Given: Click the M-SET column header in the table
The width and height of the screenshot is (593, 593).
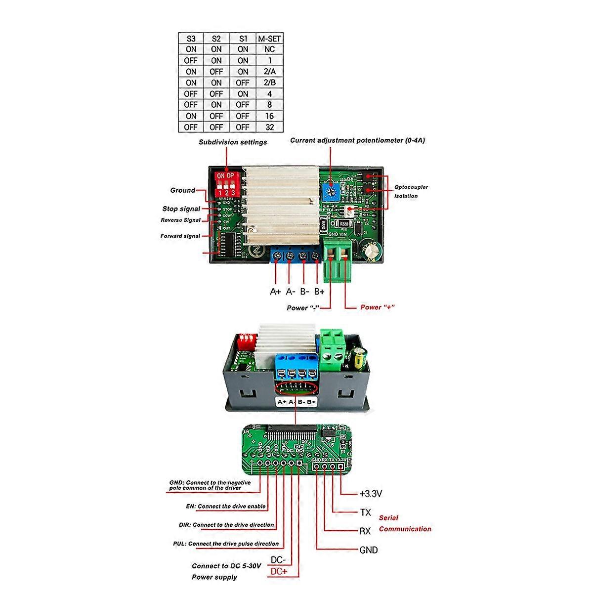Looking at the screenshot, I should tap(269, 39).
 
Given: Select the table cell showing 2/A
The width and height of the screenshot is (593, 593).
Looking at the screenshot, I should tap(269, 72).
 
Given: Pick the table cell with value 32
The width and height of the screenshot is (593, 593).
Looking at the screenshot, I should tap(269, 127).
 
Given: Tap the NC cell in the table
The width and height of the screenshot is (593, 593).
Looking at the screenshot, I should tap(269, 49).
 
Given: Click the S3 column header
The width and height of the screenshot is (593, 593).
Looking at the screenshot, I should tap(191, 39).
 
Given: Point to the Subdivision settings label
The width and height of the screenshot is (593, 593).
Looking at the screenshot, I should tap(233, 142).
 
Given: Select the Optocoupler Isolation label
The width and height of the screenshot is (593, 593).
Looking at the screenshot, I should tap(411, 192).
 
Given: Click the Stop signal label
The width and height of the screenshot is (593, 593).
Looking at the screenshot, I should tap(181, 209).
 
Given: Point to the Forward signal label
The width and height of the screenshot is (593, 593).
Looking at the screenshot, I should tap(180, 236).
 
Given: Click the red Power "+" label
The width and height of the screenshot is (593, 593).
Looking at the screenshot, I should tap(377, 307).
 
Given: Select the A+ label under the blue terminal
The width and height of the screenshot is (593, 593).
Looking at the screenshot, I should tap(275, 292).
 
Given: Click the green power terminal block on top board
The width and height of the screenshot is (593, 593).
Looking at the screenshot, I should tap(339, 259).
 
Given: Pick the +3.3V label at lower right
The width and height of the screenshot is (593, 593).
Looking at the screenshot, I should tap(371, 494).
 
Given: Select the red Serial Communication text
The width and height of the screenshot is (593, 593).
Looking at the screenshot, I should tap(405, 524).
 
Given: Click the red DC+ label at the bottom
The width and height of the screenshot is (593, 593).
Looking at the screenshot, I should tap(278, 572).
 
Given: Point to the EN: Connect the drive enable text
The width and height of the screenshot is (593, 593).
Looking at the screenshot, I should tap(224, 507).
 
